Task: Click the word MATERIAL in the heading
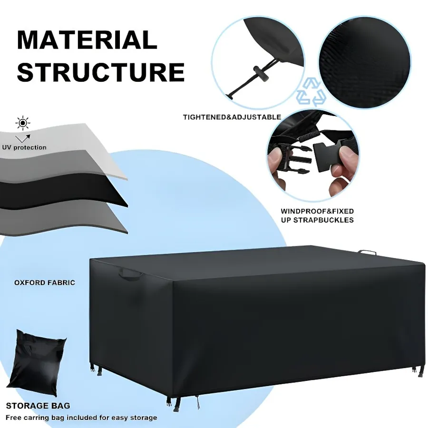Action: pyautogui.click(x=87, y=40)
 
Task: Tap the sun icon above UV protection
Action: pyautogui.click(x=23, y=123)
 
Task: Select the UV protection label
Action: pyautogui.click(x=24, y=147)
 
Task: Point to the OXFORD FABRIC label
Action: pyautogui.click(x=45, y=282)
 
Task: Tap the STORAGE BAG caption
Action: pyautogui.click(x=38, y=406)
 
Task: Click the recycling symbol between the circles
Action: pyautogui.click(x=311, y=92)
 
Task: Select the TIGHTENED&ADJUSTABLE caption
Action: pyautogui.click(x=232, y=117)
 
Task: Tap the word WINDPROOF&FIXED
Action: pyautogui.click(x=317, y=211)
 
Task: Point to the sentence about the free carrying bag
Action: pyautogui.click(x=81, y=418)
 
